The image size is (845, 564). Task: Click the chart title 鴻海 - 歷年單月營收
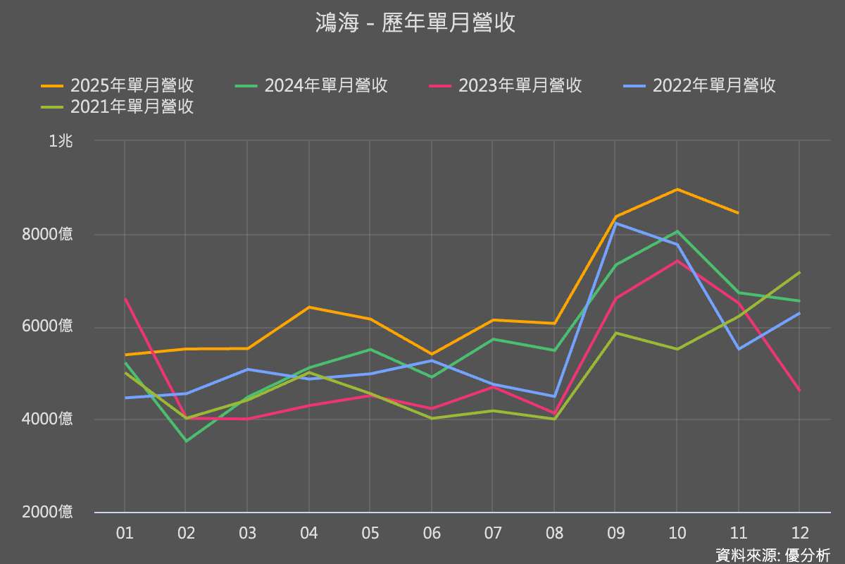(x=415, y=24)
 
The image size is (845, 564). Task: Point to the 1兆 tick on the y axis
(x=61, y=141)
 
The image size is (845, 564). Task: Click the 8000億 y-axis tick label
(x=47, y=234)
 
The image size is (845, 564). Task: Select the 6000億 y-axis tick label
(x=47, y=326)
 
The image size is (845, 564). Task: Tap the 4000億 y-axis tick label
(x=47, y=419)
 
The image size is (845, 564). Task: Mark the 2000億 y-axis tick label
(x=47, y=512)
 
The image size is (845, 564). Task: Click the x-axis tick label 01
(x=125, y=533)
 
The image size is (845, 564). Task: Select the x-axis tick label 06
(x=432, y=533)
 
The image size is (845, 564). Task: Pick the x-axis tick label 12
(x=800, y=533)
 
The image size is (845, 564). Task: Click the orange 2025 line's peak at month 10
(x=677, y=189)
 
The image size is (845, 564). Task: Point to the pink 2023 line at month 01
(x=125, y=299)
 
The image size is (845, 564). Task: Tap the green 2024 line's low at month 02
(x=186, y=441)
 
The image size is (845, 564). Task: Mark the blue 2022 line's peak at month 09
(x=615, y=223)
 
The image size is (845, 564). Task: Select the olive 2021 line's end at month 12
(x=800, y=272)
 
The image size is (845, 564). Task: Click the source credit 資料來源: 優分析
(x=772, y=555)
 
